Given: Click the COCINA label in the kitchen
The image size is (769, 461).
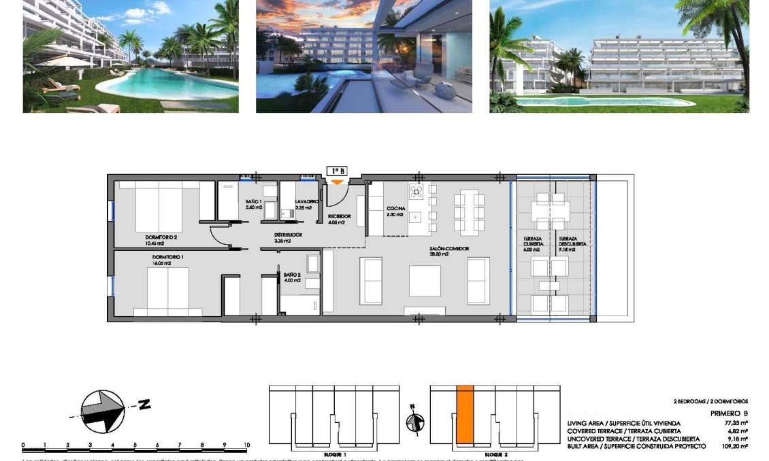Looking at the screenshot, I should [x=396, y=208].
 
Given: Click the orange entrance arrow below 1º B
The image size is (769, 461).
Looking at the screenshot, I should [x=337, y=182].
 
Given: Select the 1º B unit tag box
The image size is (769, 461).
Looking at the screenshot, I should [x=337, y=171].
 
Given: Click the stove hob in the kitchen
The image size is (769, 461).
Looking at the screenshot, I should [x=416, y=190].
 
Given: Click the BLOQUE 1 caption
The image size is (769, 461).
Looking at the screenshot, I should [x=335, y=454].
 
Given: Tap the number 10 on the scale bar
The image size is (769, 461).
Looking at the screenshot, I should [x=246, y=445].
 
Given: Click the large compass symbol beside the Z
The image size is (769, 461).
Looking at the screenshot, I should [x=102, y=410].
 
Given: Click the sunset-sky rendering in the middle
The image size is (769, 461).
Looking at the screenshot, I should [x=364, y=56].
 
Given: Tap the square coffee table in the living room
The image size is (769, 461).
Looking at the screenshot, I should [x=425, y=281].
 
